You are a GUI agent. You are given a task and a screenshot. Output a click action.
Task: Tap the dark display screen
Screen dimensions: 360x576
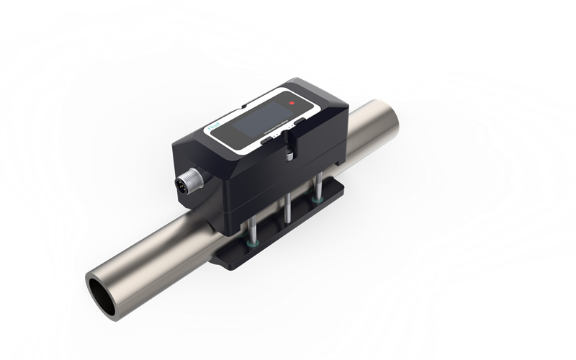pyautogui.click(x=263, y=119)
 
